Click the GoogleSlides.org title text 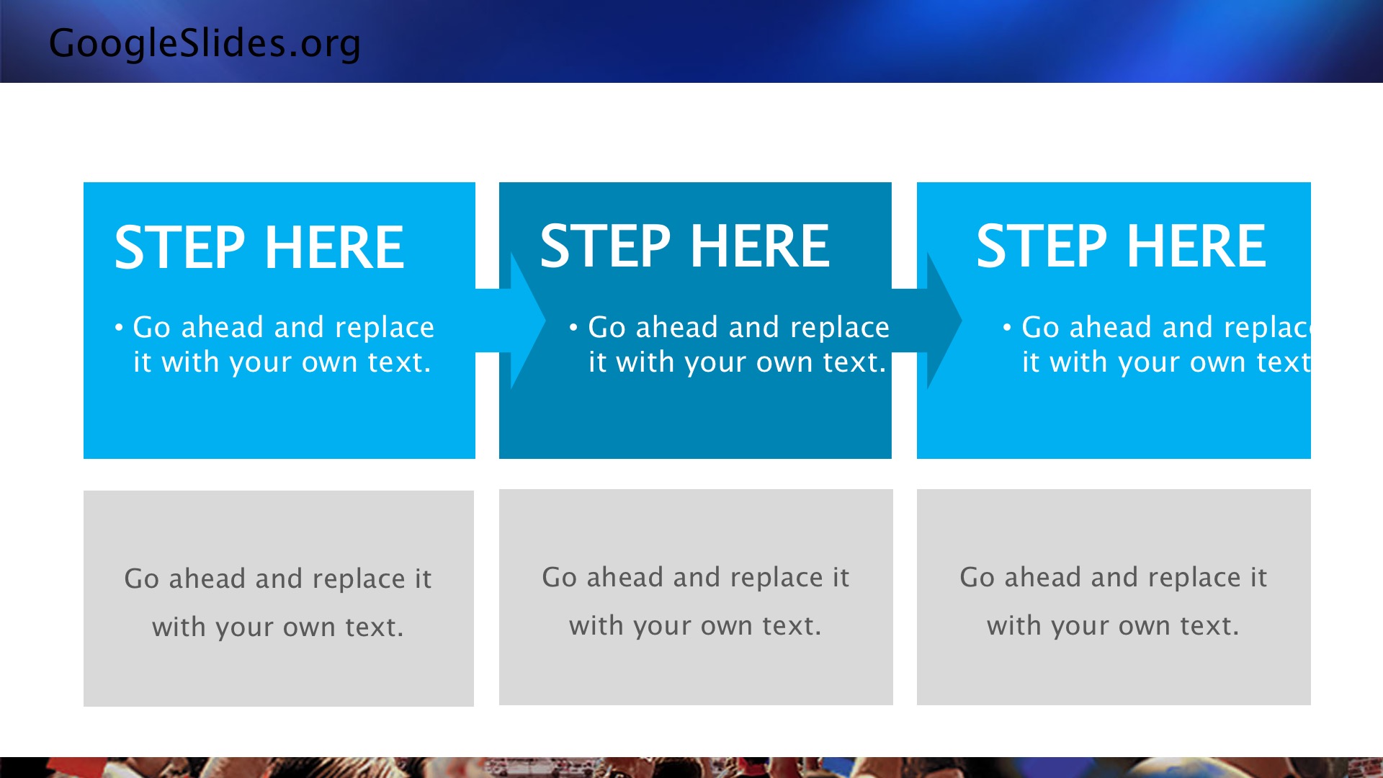coord(205,44)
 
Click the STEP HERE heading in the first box coord(259,247)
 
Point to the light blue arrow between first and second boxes coord(510,321)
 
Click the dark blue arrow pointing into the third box coord(926,321)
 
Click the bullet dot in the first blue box coord(119,328)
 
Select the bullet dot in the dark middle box coord(573,328)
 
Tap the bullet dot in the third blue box coord(1007,328)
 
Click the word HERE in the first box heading coord(335,247)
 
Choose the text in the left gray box coord(278,603)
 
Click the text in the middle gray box coord(696,602)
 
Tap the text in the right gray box coord(1114,602)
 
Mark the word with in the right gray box coord(1011,625)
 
